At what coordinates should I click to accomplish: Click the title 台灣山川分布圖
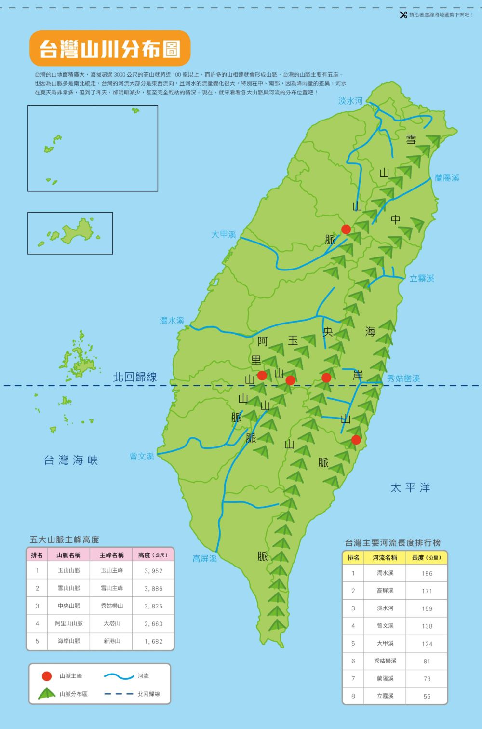pos(110,49)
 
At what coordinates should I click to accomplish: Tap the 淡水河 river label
pos(350,101)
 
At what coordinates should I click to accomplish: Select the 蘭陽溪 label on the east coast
pos(447,178)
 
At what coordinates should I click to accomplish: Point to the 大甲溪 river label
pos(224,234)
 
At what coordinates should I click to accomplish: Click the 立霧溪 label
pos(422,278)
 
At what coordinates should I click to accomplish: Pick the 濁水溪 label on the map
pos(172,320)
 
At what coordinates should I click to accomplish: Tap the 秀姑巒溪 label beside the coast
pos(403,378)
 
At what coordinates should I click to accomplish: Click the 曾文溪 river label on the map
pos(142,456)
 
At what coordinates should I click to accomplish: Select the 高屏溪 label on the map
pos(205,558)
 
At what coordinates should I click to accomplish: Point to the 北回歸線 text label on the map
pos(135,377)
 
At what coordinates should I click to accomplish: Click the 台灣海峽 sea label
pos(71,460)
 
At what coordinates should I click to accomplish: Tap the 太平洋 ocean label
pos(410,487)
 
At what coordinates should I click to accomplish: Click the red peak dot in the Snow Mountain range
pos(346,229)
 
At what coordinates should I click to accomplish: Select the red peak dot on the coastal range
pos(356,439)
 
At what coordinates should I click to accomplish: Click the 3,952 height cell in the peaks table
pos(153,571)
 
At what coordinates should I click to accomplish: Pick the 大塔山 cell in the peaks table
pos(111,623)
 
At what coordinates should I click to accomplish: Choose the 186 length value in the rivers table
pos(427,573)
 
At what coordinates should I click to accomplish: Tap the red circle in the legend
pos(47,676)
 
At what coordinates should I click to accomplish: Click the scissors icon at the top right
pos(403,15)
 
